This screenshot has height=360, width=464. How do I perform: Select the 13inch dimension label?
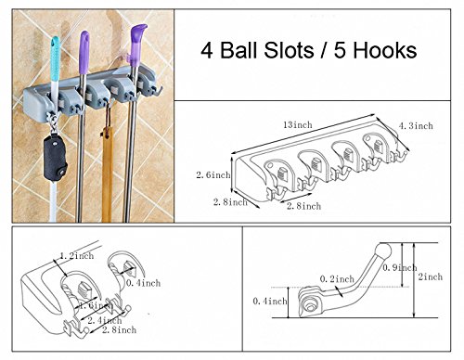pos(298,125)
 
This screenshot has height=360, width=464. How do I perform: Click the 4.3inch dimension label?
pos(416,126)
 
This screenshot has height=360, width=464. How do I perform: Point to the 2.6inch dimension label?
pos(213,174)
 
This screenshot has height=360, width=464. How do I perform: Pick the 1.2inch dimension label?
pos(76,256)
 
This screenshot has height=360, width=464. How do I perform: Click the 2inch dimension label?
pos(431,276)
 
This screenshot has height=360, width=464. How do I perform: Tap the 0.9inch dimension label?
pos(400,267)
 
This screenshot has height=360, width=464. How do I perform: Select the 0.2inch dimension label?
pos(337,279)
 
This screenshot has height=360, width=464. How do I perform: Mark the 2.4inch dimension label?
pos(104,320)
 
